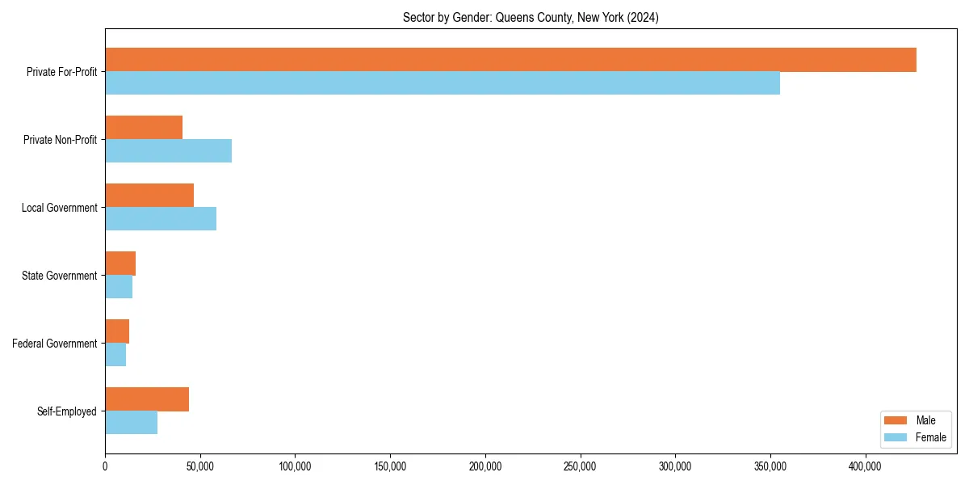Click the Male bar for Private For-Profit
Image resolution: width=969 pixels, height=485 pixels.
[x=510, y=60]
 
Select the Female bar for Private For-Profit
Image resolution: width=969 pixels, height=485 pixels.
[x=443, y=83]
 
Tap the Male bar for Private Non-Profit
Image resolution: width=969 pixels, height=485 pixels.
[x=144, y=128]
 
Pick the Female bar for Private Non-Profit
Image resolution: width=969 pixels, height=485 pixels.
[x=168, y=151]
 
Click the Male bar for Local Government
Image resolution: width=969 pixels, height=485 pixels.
[x=149, y=196]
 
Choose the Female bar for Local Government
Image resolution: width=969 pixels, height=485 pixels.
[x=161, y=219]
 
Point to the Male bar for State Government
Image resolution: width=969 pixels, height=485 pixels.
[x=120, y=264]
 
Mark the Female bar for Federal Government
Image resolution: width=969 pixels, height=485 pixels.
[x=115, y=355]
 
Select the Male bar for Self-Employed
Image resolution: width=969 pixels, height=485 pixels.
[x=147, y=399]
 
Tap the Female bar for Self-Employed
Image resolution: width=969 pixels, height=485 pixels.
[x=131, y=423]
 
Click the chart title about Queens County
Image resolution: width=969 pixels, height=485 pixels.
[x=531, y=18]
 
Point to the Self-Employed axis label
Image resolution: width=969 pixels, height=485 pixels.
[x=67, y=411]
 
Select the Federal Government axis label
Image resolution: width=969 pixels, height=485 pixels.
[x=55, y=344]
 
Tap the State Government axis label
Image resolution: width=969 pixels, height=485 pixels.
[x=60, y=276]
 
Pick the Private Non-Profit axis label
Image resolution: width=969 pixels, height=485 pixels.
[x=61, y=140]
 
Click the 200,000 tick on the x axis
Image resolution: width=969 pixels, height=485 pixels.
[x=485, y=466]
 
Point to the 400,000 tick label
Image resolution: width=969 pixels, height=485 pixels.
[x=866, y=466]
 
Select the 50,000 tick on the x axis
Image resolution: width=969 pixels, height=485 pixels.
[x=200, y=466]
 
